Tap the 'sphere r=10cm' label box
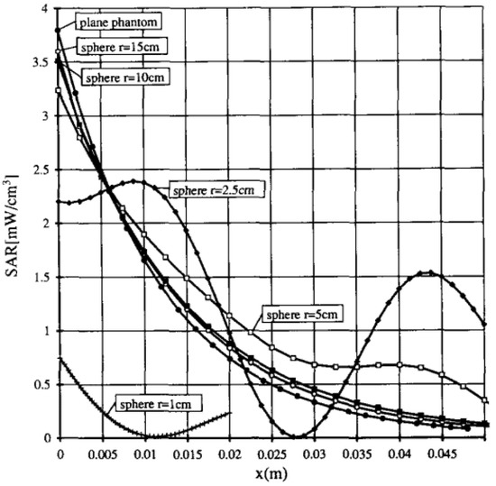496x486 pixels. pos(125,76)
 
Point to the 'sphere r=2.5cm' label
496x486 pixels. pos(211,189)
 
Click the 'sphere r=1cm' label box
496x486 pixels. pos(156,402)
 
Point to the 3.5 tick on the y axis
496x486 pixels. pos(44,63)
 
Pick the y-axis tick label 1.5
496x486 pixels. pos(44,278)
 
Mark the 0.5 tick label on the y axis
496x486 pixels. pos(44,385)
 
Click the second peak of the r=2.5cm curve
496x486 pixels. pos(430,273)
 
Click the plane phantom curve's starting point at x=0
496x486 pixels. pos(59,31)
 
